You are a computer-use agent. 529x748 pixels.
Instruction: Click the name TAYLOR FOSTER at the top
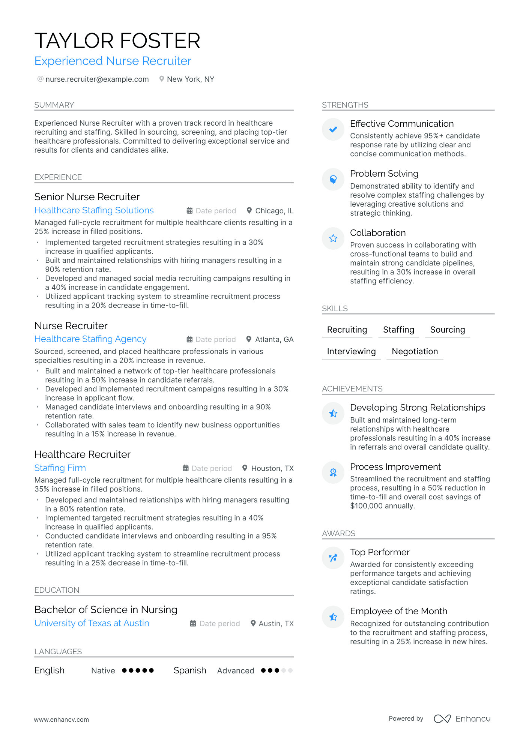117,41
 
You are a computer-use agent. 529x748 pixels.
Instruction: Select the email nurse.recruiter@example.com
97,79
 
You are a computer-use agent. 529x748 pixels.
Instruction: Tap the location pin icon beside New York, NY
162,79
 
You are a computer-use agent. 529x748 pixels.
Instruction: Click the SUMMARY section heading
54,105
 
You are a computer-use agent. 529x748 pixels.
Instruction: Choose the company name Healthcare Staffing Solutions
94,210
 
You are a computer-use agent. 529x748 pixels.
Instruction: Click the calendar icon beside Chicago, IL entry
189,211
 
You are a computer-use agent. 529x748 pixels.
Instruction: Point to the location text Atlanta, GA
274,339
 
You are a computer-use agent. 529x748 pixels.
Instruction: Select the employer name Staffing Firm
60,468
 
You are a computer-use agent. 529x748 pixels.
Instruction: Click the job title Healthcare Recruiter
82,454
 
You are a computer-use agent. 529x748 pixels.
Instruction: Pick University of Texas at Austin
92,623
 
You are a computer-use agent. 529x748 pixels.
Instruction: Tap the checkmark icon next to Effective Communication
333,129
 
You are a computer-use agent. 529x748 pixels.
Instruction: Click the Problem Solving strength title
384,174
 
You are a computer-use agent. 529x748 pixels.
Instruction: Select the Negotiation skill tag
415,351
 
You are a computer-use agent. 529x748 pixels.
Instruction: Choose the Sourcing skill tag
447,330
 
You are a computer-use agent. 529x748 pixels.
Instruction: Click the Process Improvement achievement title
395,467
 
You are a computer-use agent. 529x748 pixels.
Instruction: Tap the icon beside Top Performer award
333,558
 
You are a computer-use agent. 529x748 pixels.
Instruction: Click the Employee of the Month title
398,611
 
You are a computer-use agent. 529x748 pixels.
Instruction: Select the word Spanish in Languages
190,670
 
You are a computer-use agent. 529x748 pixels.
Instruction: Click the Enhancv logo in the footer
462,719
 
